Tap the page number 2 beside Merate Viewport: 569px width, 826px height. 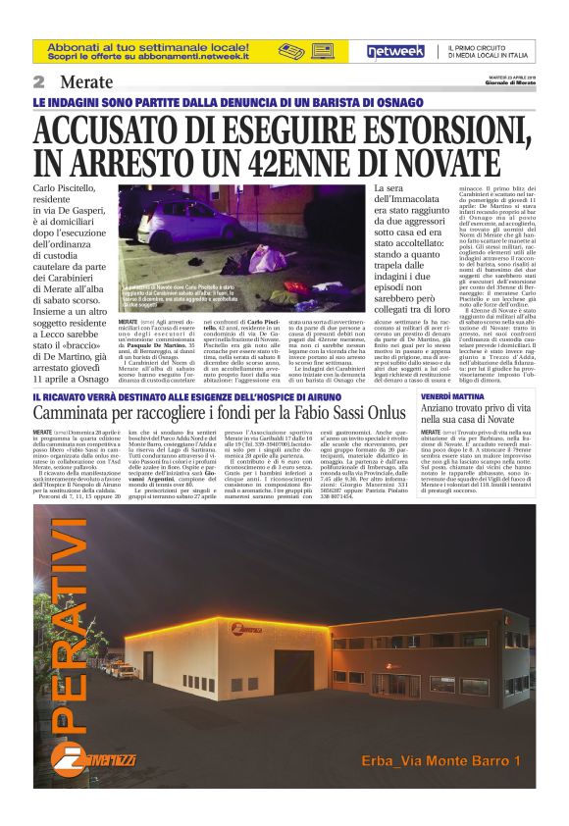tap(40, 82)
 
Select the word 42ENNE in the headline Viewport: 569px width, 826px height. tap(307, 161)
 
